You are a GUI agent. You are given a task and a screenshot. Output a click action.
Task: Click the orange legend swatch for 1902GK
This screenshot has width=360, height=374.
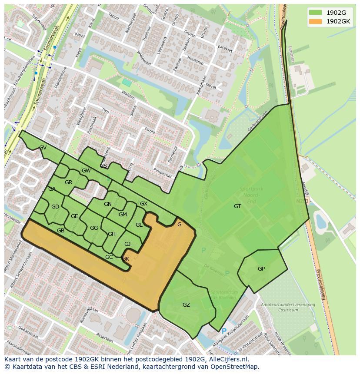pos(315,21)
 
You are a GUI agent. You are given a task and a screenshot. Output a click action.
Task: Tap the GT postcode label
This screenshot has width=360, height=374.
pos(237,206)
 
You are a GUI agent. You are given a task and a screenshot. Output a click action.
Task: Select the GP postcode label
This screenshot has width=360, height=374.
pos(261,269)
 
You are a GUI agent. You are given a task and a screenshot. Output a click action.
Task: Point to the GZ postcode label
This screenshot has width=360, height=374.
pos(186,305)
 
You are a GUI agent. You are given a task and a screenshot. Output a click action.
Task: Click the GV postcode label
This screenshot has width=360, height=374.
pos(43,148)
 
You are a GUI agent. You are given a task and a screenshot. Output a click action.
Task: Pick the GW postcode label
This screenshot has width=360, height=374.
pos(86,171)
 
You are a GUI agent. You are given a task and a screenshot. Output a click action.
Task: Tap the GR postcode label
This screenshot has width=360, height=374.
pos(68,182)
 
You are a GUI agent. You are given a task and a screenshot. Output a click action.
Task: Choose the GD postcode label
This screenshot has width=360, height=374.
pos(55,207)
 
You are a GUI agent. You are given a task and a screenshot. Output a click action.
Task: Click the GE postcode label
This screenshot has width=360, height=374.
pos(74,216)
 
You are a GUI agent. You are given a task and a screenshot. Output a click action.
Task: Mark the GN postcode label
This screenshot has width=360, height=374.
pos(108,204)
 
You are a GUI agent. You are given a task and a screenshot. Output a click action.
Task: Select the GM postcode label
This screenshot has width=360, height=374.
pos(123,215)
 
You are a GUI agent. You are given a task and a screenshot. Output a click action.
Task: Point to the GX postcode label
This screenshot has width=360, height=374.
pos(143,204)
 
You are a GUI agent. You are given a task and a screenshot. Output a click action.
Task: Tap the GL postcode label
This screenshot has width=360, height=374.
pos(139,225)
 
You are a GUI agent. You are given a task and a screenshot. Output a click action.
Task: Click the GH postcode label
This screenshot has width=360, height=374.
pos(112,234)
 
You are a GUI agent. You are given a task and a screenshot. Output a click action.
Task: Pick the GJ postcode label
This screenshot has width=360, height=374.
pos(127,244)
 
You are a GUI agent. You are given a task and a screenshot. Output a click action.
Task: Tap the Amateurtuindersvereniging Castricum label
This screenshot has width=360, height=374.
pos(288,308)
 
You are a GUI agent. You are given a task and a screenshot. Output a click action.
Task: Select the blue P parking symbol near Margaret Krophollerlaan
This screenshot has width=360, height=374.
pos(224,331)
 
